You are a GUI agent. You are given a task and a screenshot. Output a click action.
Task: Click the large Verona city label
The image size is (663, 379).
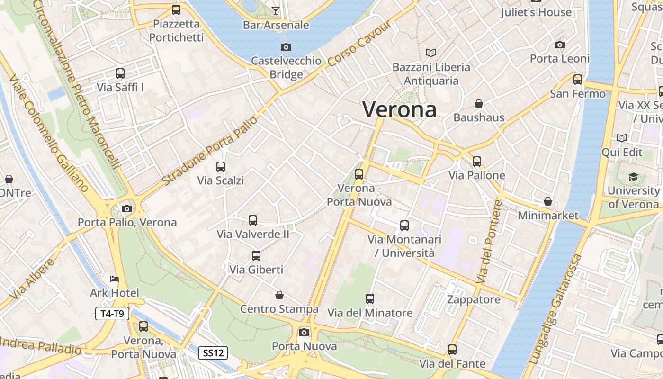399,109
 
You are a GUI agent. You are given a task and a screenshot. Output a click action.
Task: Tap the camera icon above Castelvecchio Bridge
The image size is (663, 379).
286,47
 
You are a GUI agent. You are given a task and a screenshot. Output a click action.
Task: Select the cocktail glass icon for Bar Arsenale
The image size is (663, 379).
276,10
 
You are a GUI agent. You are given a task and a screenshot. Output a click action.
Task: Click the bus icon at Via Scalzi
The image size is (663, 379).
221,166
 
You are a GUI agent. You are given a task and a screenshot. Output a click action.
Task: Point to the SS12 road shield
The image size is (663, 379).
213,352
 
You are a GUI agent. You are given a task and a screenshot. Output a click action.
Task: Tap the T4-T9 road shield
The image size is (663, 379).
112,313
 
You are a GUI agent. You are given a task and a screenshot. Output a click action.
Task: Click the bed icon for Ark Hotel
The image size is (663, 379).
115,279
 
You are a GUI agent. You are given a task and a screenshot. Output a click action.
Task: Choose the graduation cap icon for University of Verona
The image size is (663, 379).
633,177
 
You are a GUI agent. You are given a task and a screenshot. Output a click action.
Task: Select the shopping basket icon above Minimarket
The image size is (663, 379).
548,201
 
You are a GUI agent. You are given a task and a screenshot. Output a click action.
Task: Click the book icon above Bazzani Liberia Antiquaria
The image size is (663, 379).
431,53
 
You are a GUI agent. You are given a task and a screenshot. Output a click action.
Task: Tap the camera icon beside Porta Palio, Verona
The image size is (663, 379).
126,208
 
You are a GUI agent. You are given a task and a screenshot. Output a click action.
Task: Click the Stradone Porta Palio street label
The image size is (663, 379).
210,150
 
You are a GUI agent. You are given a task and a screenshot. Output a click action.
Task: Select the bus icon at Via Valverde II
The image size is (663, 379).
253,220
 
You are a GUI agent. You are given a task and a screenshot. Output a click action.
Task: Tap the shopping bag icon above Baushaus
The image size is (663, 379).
479,103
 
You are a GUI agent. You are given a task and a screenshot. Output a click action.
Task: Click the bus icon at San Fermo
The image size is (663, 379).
577,79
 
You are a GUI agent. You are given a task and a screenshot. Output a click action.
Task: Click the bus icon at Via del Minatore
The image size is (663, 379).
370,299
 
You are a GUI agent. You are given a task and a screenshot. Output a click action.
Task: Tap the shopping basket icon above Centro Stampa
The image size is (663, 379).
279,295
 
